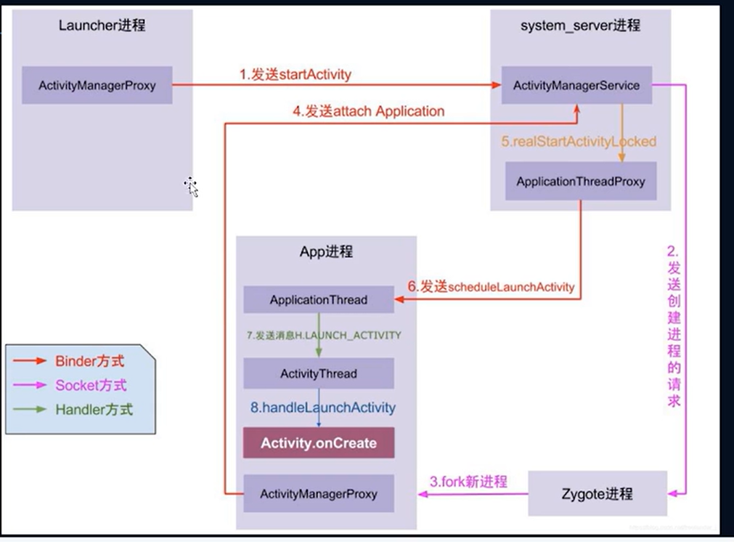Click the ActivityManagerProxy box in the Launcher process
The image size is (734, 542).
click(97, 85)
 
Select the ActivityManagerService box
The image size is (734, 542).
click(576, 85)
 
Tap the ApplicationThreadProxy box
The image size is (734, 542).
click(581, 181)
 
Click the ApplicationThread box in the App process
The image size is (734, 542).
click(318, 299)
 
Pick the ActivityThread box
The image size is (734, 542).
click(318, 373)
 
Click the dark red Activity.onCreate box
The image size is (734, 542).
click(318, 442)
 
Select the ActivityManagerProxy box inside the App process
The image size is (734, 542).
click(318, 493)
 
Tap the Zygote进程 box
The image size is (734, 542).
click(597, 493)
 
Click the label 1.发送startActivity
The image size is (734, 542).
click(295, 75)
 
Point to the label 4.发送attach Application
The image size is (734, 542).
click(368, 111)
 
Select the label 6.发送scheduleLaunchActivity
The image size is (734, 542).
click(491, 287)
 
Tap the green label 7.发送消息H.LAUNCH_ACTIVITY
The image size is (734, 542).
click(324, 335)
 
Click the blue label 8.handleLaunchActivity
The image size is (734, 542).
click(323, 408)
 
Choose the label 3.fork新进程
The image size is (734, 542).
click(468, 481)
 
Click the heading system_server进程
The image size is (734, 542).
click(581, 25)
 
